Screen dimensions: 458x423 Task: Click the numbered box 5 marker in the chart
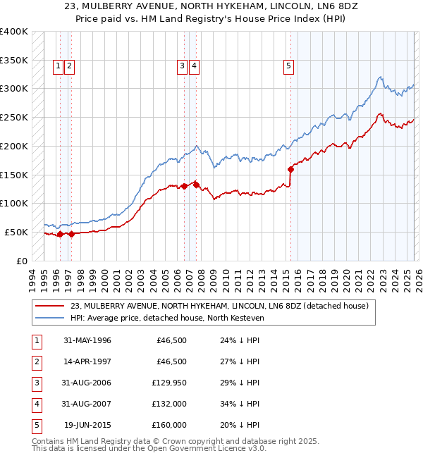289,67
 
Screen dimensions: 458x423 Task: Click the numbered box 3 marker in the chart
182,67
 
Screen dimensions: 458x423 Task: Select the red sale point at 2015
290,169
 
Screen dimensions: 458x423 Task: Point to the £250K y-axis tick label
14,117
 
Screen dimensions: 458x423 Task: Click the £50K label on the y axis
17,232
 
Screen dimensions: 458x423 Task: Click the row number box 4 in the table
35,404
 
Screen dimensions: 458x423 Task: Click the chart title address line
211,7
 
